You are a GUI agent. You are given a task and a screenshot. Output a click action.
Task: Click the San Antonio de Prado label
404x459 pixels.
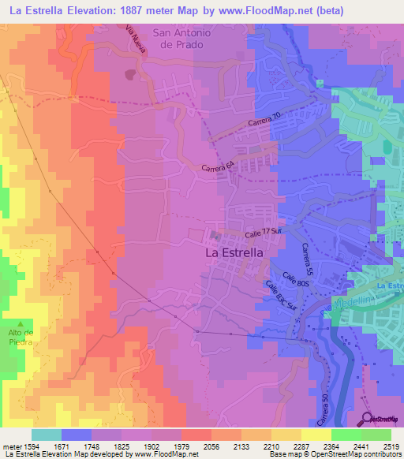(x=183, y=39)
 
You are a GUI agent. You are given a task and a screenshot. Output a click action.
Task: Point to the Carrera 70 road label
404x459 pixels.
(x=264, y=122)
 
